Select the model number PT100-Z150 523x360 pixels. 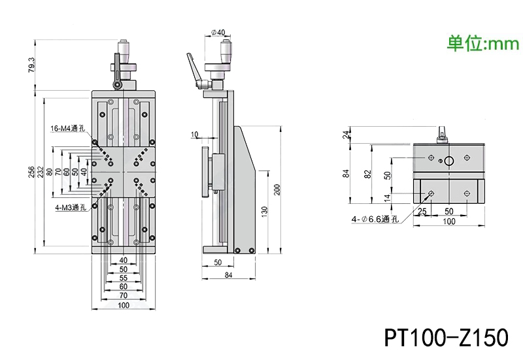(x=446, y=338)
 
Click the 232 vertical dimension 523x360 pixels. (x=41, y=172)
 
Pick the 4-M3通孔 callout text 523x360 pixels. (x=71, y=208)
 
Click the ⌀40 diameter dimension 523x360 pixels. (x=218, y=32)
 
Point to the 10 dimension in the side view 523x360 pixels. (x=194, y=135)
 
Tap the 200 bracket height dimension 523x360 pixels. (x=277, y=189)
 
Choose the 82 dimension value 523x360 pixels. (x=369, y=174)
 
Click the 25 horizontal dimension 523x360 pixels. (x=422, y=212)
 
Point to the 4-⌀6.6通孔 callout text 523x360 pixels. (x=375, y=219)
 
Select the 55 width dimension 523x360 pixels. (x=124, y=278)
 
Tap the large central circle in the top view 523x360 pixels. (x=449, y=161)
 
